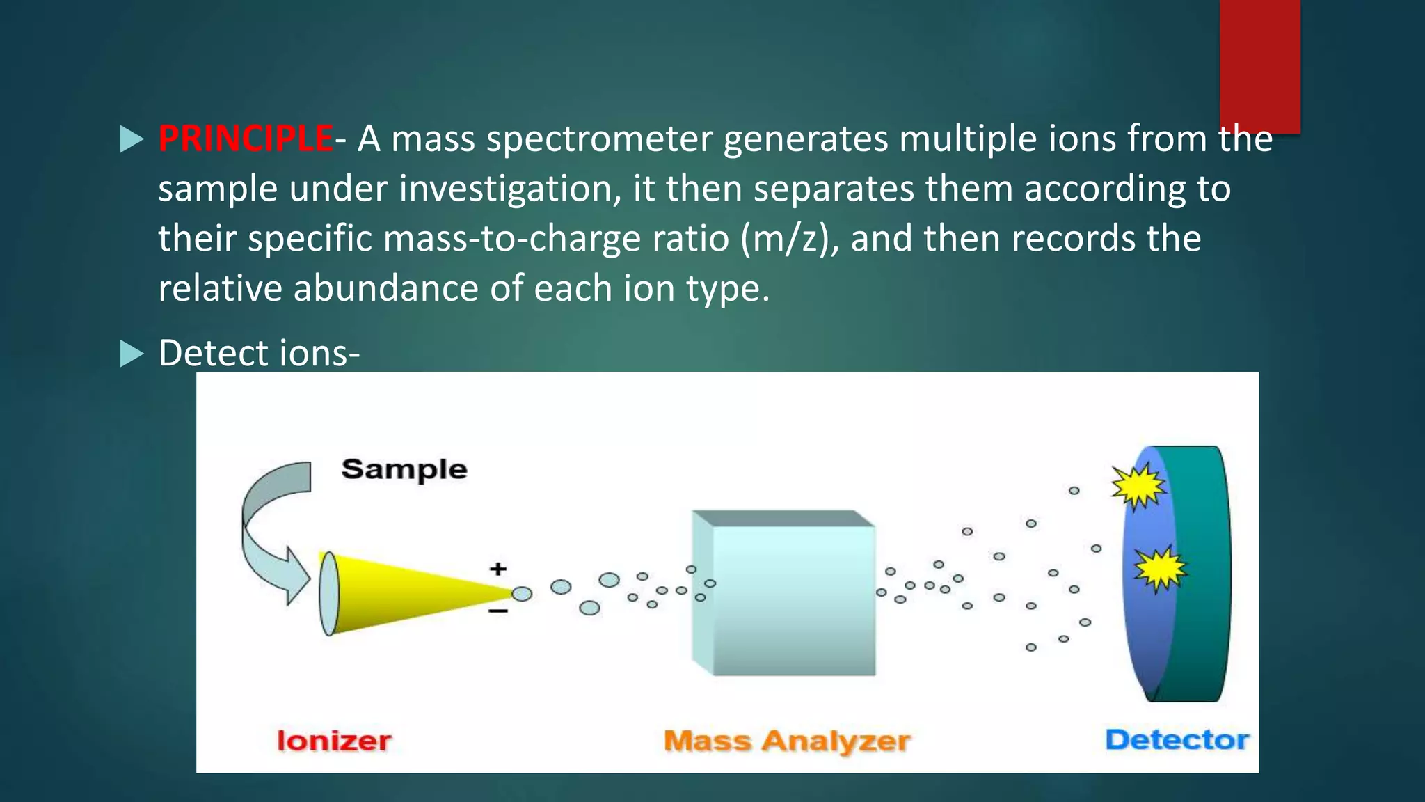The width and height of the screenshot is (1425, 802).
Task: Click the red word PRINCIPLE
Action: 245,139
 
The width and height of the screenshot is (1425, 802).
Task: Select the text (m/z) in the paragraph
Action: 790,239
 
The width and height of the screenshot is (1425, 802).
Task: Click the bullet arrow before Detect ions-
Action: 131,354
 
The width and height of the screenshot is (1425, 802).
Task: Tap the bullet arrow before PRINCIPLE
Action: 131,139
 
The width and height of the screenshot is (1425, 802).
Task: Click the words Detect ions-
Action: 259,353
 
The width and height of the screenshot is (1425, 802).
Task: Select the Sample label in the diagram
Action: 404,469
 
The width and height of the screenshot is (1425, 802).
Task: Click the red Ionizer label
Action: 334,741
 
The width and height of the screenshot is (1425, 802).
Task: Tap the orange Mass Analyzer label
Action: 786,741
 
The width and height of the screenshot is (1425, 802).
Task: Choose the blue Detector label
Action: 1177,739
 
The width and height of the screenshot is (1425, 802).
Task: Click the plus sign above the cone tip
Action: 497,569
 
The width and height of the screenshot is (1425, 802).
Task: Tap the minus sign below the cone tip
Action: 497,611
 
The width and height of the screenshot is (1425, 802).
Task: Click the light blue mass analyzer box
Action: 790,599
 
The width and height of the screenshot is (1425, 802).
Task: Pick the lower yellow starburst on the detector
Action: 1159,569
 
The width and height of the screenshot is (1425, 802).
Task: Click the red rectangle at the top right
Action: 1259,63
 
